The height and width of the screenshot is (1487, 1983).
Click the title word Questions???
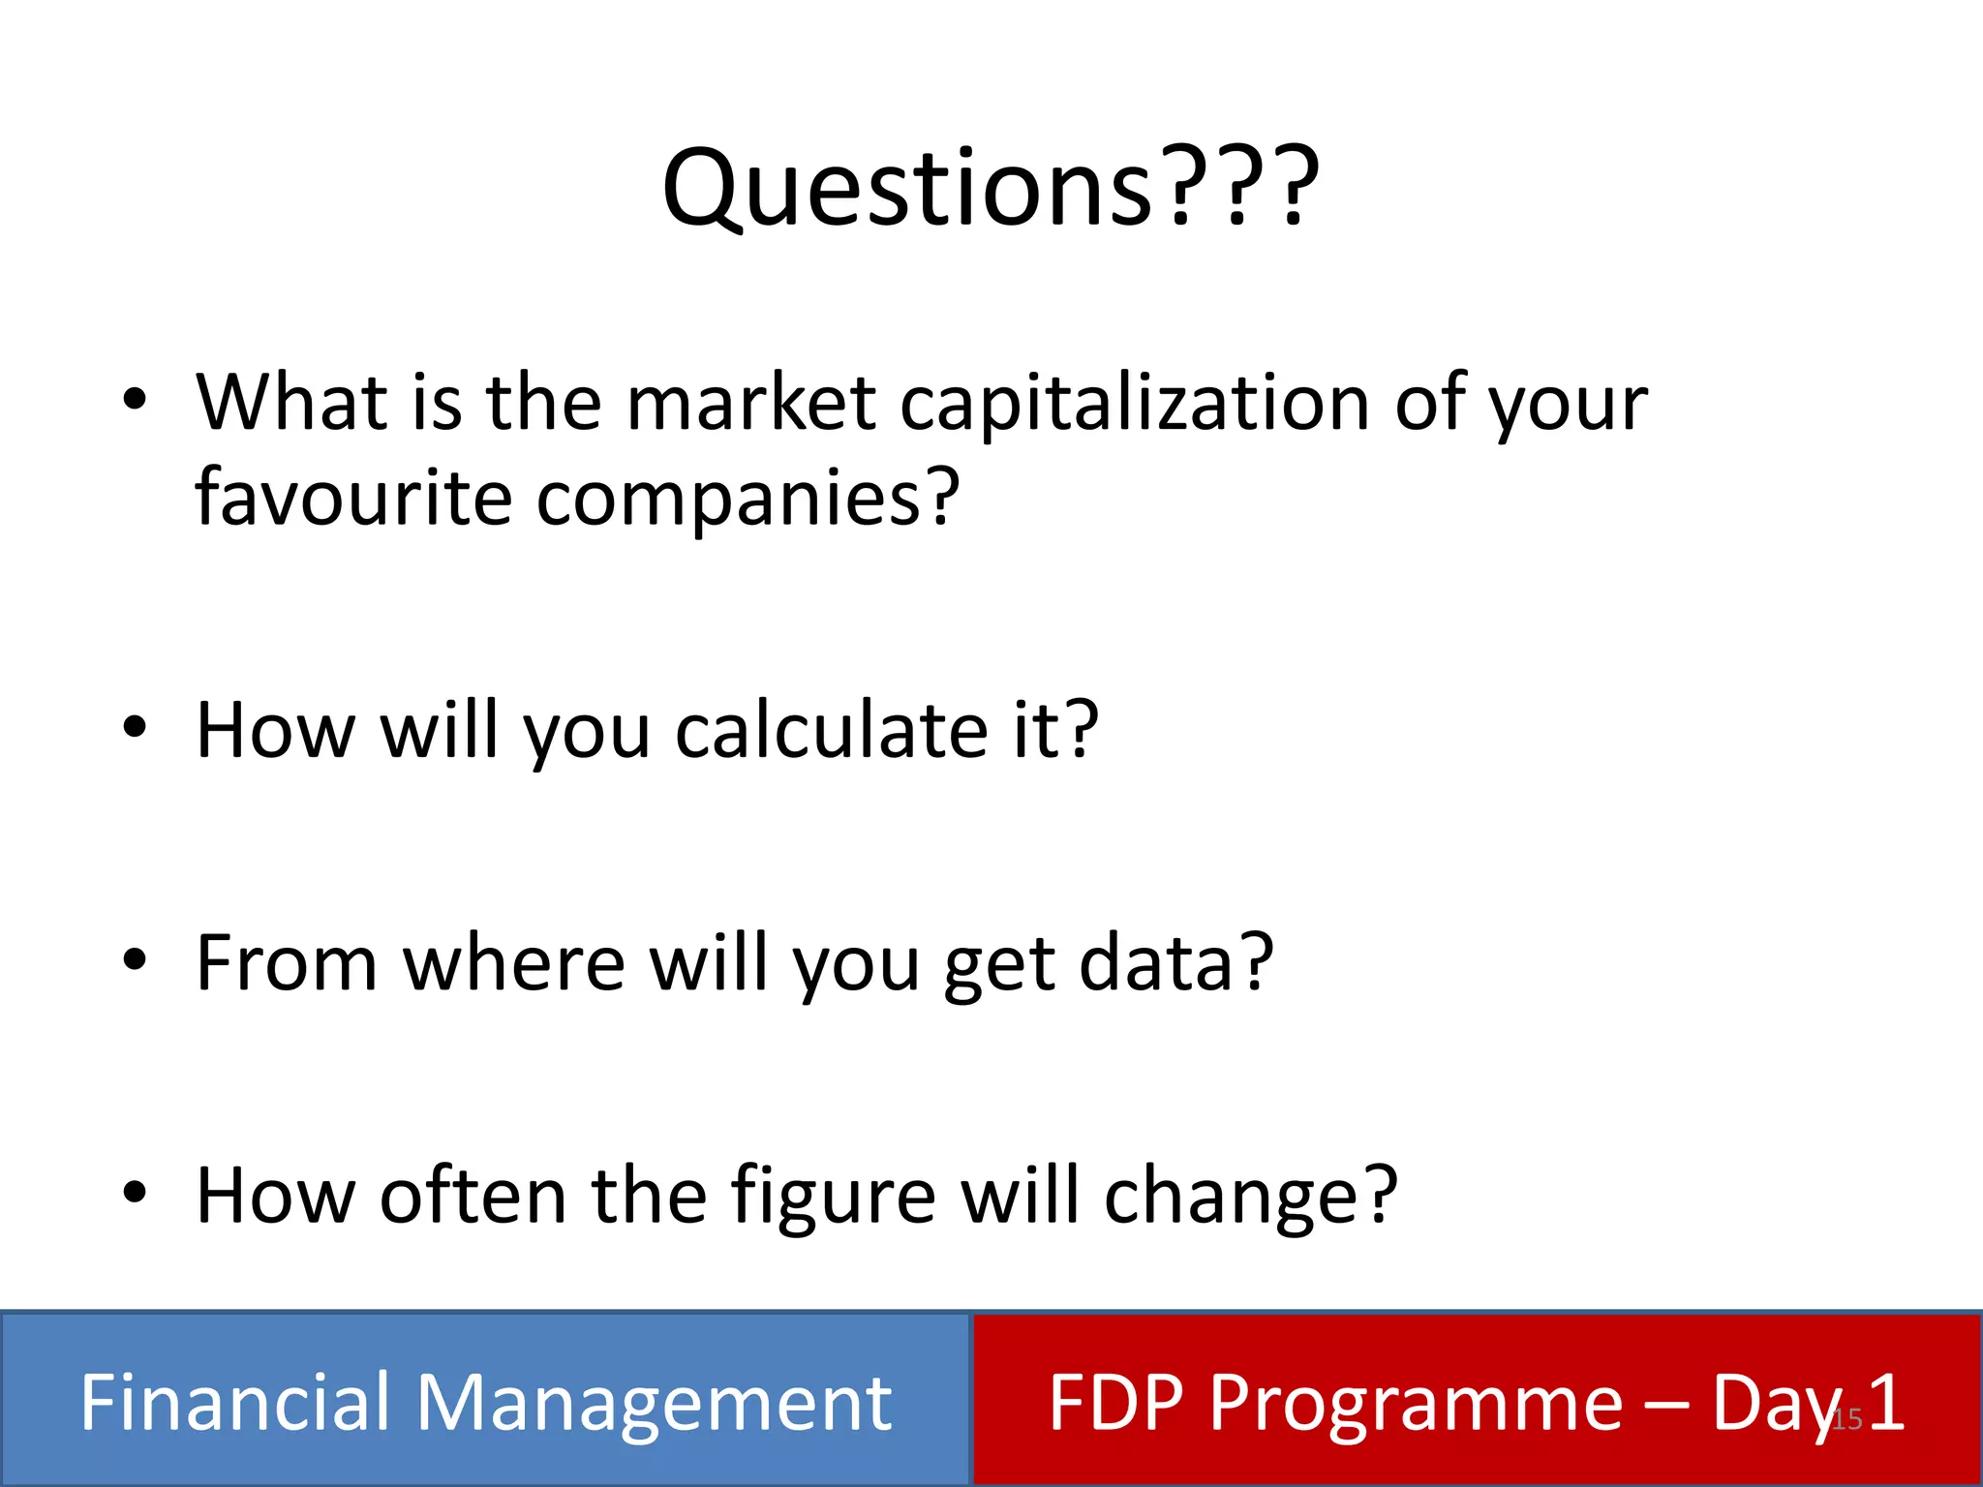pyautogui.click(x=990, y=189)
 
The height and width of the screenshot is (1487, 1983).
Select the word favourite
pyautogui.click(x=352, y=497)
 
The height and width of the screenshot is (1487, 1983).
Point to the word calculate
pyautogui.click(x=831, y=730)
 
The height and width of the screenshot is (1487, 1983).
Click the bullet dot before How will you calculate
pyautogui.click(x=135, y=727)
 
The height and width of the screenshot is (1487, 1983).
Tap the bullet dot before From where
pyautogui.click(x=135, y=959)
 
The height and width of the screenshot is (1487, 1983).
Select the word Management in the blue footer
pyautogui.click(x=654, y=1404)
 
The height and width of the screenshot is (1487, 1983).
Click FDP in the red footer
pyautogui.click(x=1115, y=1402)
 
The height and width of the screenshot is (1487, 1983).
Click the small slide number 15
pyautogui.click(x=1847, y=1419)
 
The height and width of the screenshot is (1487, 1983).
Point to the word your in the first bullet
pyautogui.click(x=1568, y=404)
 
